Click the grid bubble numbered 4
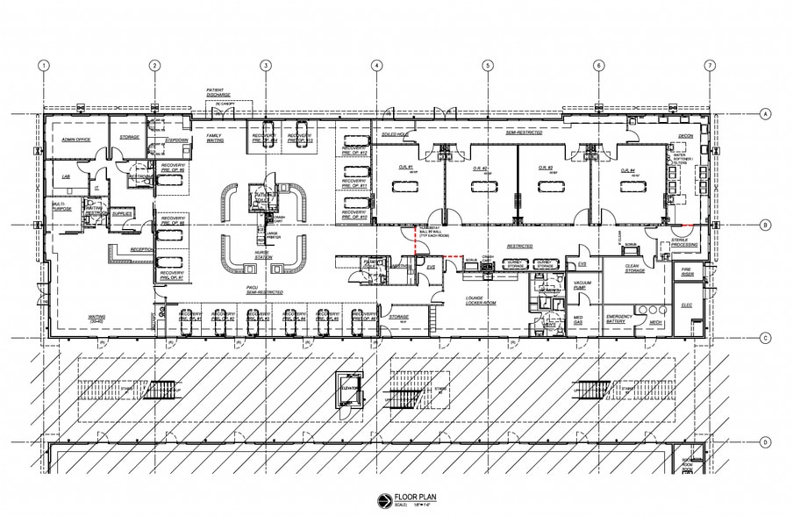pos(375,66)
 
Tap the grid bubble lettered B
pos(765,226)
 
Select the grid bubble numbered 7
pos(710,66)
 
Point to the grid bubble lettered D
pos(765,442)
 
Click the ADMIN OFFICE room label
pos(77,140)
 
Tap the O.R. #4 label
pos(627,170)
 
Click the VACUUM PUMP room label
pos(583,284)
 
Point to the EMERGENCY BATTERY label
pos(618,319)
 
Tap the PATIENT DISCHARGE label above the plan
pos(220,93)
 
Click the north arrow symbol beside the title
pos(382,499)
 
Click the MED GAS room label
pos(579,319)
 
